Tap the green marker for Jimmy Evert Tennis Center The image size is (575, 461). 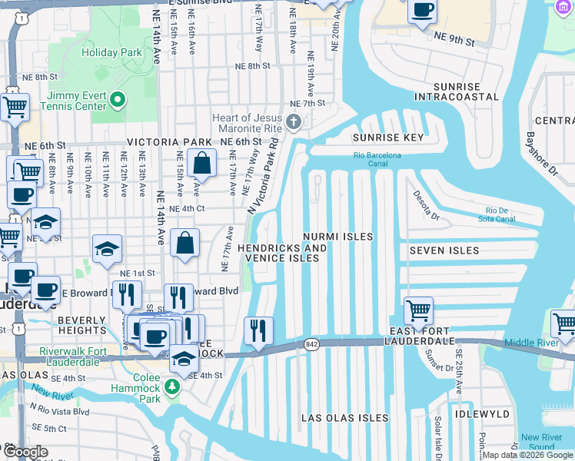tap(118, 99)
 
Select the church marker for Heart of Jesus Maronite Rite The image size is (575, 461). tap(293, 121)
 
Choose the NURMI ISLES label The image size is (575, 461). tap(337, 237)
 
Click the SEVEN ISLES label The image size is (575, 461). tap(444, 250)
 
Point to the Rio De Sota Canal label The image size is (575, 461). tap(504, 214)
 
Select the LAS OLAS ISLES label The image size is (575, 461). tap(344, 417)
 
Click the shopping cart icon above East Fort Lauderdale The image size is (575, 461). tap(418, 311)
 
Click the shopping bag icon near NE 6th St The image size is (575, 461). tap(201, 163)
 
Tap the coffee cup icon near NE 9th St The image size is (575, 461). tap(422, 11)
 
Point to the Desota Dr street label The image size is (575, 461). tap(424, 206)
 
